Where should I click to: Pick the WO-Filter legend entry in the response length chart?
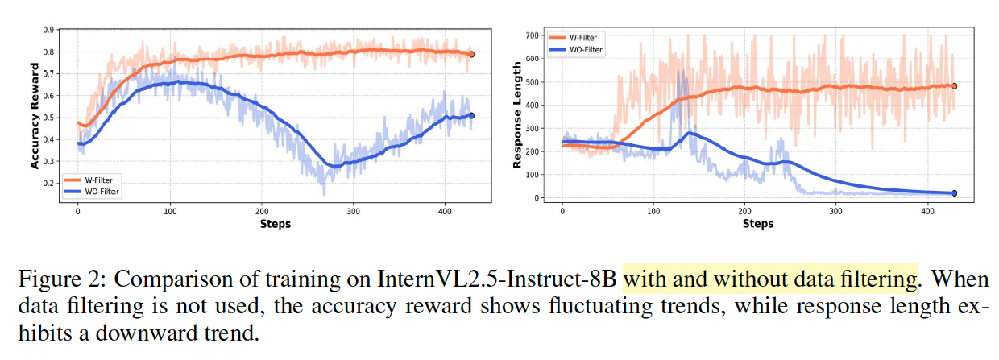[585, 49]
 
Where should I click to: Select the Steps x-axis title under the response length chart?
[757, 223]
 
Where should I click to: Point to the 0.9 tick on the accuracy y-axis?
[48, 30]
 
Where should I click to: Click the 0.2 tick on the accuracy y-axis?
[48, 183]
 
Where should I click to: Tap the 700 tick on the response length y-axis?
[531, 36]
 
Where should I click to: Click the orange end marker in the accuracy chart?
[472, 54]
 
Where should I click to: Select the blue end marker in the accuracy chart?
[472, 116]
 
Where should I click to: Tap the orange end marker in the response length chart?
[955, 86]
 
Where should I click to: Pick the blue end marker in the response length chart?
[955, 193]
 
